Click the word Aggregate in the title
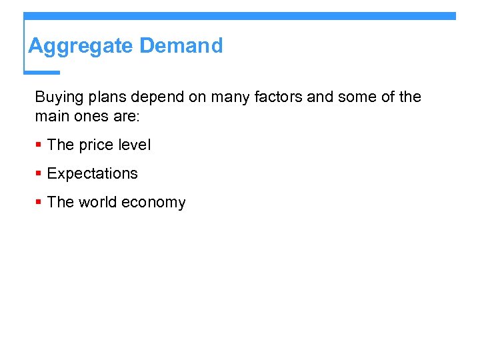pyautogui.click(x=81, y=46)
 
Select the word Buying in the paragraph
pyautogui.click(x=57, y=97)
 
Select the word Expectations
pyautogui.click(x=93, y=173)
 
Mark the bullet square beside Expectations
pyautogui.click(x=39, y=174)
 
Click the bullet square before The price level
pyautogui.click(x=39, y=145)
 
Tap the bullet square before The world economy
pyautogui.click(x=39, y=203)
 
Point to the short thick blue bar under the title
pyautogui.click(x=42, y=72)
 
